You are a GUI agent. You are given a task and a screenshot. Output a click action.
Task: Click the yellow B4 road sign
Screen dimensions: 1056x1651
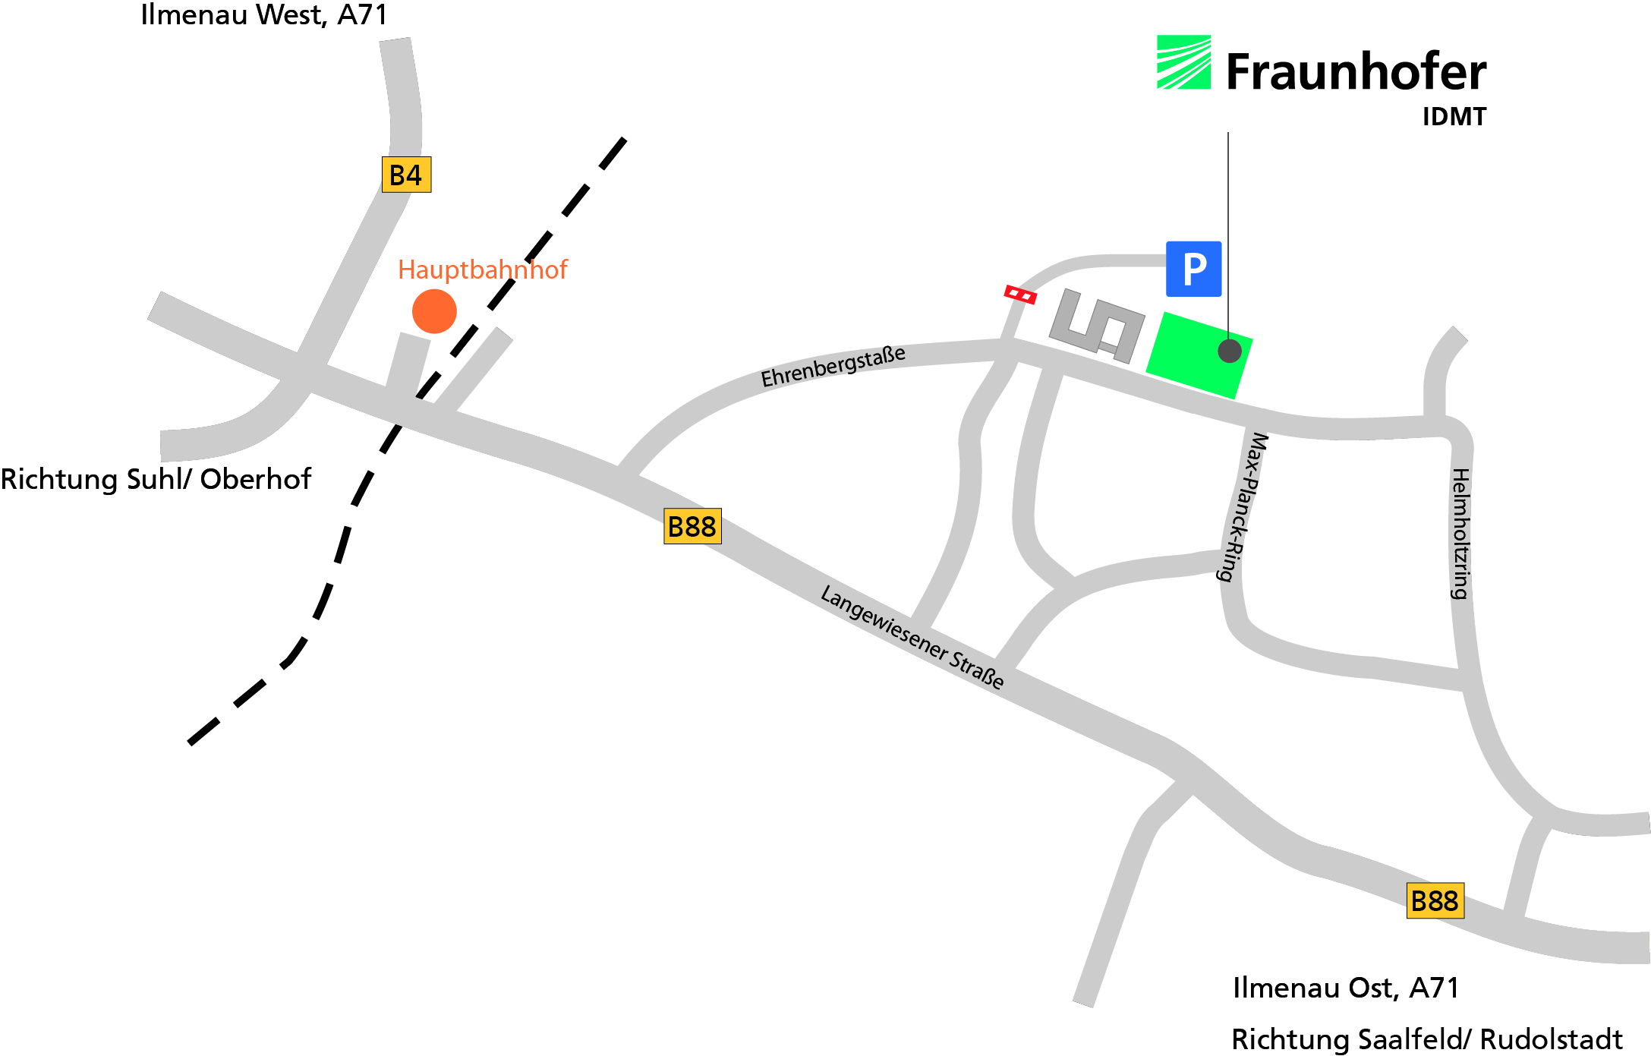tap(406, 175)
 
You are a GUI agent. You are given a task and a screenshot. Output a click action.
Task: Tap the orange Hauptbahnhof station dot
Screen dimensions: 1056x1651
tap(434, 311)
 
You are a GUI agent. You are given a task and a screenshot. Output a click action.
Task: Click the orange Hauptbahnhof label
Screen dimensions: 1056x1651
tap(482, 270)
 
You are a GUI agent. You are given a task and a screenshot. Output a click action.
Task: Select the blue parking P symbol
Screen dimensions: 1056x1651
tap(1193, 269)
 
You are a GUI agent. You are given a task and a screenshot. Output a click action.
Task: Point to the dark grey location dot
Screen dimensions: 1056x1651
tap(1230, 351)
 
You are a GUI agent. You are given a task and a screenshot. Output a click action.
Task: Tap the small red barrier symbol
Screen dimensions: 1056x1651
tap(1020, 295)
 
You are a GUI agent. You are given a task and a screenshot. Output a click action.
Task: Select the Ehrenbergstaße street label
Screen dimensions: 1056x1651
tap(833, 367)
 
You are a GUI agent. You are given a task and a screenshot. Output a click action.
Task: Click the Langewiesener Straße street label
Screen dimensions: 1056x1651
tap(912, 636)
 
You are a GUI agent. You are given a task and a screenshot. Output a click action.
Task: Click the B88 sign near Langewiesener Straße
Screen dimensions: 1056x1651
tap(692, 526)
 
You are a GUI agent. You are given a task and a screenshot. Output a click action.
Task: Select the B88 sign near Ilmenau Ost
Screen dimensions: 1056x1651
tap(1435, 901)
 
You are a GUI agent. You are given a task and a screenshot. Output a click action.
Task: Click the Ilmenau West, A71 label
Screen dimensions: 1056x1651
tap(264, 15)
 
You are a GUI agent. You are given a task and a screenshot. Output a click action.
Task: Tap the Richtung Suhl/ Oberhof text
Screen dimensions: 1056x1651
tap(156, 479)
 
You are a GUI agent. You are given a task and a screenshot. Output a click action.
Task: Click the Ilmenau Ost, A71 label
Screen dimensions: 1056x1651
tap(1345, 988)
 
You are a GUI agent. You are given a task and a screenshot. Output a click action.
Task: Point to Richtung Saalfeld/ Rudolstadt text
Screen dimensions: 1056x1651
tap(1426, 1039)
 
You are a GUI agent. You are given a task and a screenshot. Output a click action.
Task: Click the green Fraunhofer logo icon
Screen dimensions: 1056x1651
tap(1183, 62)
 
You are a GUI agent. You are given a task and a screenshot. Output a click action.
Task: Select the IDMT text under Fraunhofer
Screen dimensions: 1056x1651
tap(1454, 117)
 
